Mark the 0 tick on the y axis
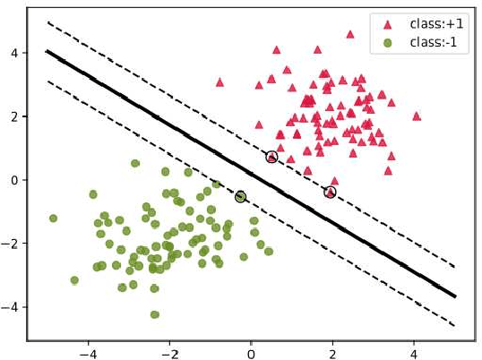[x=16, y=180]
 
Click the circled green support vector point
[x=240, y=196]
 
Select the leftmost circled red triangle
[x=271, y=157]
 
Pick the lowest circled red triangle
[x=330, y=192]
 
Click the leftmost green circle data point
[x=53, y=218]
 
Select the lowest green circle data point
[x=155, y=314]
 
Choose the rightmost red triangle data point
[x=417, y=116]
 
